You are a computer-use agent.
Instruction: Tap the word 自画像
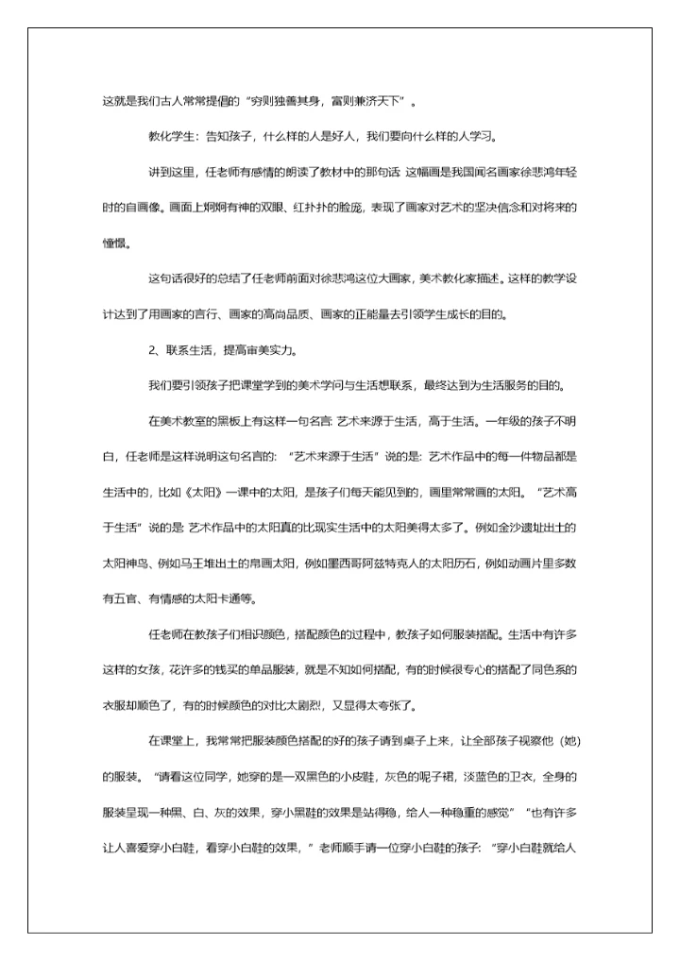click(x=143, y=208)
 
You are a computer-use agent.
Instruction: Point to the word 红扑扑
click(x=301, y=208)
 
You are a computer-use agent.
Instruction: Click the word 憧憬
click(x=113, y=243)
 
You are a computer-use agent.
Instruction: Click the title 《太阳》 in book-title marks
click(x=197, y=492)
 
